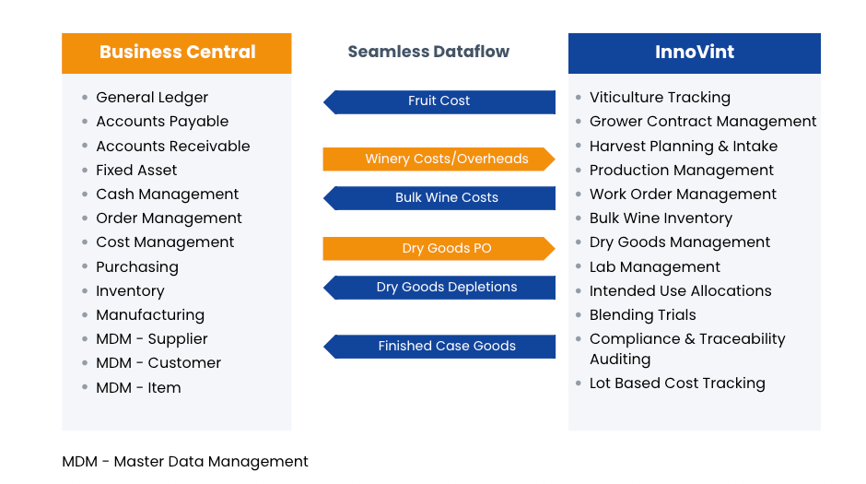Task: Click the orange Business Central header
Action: tap(177, 53)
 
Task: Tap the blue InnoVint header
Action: tap(695, 53)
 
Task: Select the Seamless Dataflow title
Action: tap(428, 52)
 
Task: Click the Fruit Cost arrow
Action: tap(439, 102)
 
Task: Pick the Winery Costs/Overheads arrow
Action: tap(439, 159)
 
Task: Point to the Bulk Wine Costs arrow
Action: tap(439, 198)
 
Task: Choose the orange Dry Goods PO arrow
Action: tap(439, 249)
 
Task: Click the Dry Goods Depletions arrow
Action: tap(439, 288)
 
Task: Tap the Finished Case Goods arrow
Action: tap(439, 347)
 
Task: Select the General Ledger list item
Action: tap(152, 98)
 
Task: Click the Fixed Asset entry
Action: tap(136, 171)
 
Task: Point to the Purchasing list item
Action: tap(137, 267)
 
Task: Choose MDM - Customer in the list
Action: tap(158, 363)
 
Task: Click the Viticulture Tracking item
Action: tap(660, 98)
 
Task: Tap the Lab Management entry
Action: tap(654, 267)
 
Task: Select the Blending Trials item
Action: tap(643, 315)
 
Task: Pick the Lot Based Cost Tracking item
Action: tap(677, 384)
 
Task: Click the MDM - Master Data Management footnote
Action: tap(185, 462)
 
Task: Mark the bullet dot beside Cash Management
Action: tap(85, 194)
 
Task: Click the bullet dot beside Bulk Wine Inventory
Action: tap(579, 218)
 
